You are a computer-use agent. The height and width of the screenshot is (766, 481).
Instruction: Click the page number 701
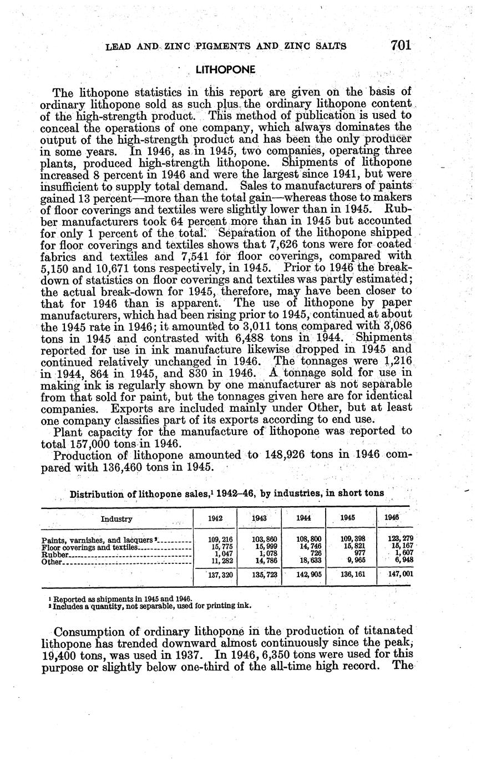pos(401,46)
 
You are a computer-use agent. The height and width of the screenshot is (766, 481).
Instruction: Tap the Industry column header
pos(117,519)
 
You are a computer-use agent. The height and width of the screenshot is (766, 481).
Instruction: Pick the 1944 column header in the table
pos(303,517)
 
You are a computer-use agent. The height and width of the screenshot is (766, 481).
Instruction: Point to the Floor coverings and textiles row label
pos(89,547)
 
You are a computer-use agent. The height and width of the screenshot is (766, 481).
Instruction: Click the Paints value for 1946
pos(400,538)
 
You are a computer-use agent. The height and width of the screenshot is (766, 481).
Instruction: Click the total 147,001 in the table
pos(400,575)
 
